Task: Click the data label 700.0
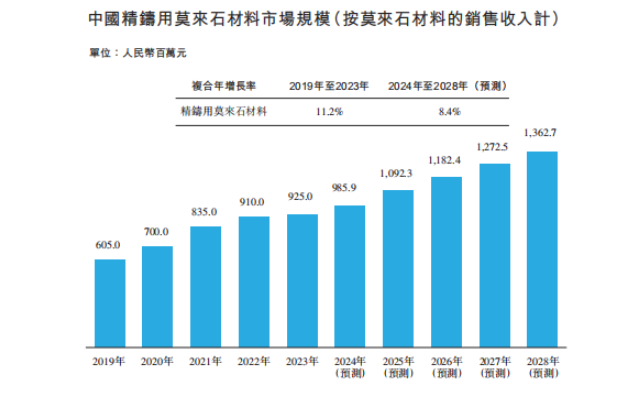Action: [x=157, y=232]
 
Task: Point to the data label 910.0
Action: [x=253, y=202]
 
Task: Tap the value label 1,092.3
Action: [x=398, y=173]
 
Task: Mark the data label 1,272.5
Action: [x=494, y=147]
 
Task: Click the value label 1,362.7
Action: [x=542, y=134]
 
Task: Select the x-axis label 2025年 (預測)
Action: [x=397, y=366]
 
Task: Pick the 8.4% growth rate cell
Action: [x=449, y=112]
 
